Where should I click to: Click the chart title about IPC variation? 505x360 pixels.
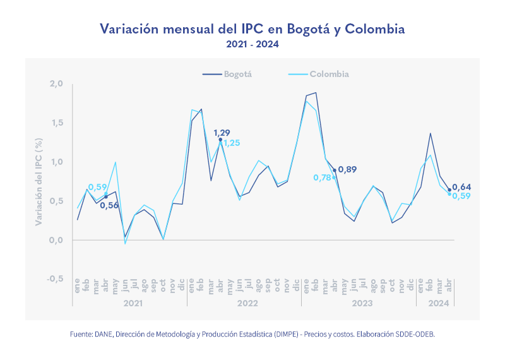252,29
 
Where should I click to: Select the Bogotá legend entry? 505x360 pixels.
237,74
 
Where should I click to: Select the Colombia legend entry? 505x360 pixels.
329,74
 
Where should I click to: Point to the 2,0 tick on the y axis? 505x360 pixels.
56,84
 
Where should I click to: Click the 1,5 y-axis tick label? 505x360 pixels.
56,123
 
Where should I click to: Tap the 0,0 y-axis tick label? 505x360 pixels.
56,240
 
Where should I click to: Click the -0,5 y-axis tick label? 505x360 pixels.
55,279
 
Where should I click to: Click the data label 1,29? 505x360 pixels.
222,133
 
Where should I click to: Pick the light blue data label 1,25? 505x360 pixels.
231,143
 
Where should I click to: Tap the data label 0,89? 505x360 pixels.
348,169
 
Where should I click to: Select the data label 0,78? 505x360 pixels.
322,177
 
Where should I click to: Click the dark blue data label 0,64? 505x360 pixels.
462,186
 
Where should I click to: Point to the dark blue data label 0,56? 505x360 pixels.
109,205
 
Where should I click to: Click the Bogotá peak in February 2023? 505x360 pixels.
316,93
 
